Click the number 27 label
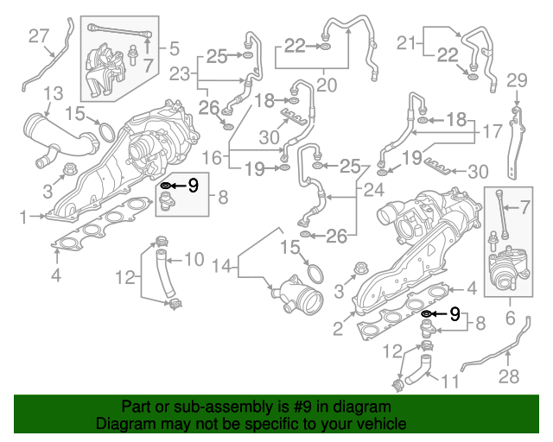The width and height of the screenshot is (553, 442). [40, 35]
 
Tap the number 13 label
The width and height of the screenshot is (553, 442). [53, 92]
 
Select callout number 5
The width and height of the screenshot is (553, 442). [174, 48]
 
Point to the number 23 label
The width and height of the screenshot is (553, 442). [179, 75]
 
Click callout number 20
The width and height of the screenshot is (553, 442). [326, 85]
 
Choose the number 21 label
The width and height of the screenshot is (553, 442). [406, 41]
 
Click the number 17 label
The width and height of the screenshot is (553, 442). [492, 133]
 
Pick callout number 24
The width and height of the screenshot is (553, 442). [374, 190]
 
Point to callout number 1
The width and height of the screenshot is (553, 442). [25, 218]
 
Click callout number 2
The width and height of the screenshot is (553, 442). [339, 329]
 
